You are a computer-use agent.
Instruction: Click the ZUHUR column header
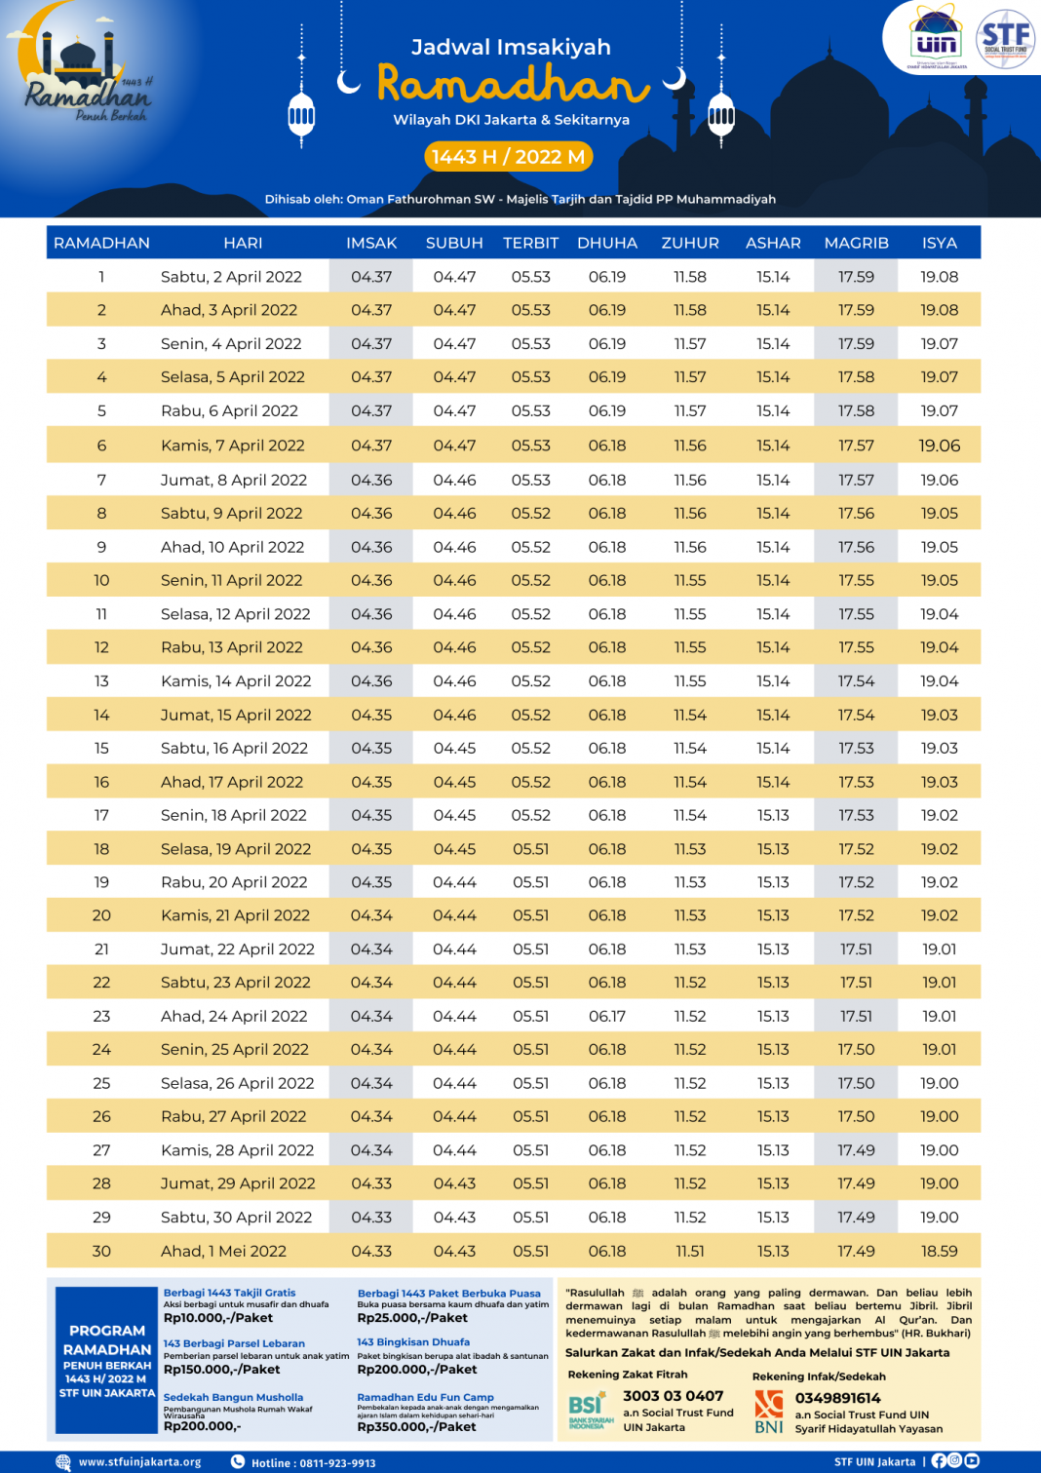pyautogui.click(x=690, y=243)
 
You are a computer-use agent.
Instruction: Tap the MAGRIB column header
pyautogui.click(x=856, y=243)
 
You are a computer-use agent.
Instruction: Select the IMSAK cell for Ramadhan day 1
pyautogui.click(x=371, y=277)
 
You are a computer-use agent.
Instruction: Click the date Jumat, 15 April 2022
pyautogui.click(x=236, y=715)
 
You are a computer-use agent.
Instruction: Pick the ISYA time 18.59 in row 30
pyautogui.click(x=939, y=1251)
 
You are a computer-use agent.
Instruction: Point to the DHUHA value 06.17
pyautogui.click(x=607, y=1016)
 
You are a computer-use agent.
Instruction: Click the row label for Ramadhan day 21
pyautogui.click(x=101, y=949)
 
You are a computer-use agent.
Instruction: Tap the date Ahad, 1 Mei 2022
pyautogui.click(x=223, y=1251)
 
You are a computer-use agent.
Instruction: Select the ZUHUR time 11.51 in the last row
pyautogui.click(x=690, y=1251)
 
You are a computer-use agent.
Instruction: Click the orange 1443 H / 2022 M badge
pyautogui.click(x=508, y=157)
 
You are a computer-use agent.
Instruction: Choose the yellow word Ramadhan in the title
pyautogui.click(x=513, y=85)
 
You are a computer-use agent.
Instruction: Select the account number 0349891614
pyautogui.click(x=837, y=1398)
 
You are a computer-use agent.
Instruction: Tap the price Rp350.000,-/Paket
pyautogui.click(x=416, y=1426)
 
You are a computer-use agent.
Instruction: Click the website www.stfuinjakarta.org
pyautogui.click(x=139, y=1462)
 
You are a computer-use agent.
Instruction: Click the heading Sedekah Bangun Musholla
pyautogui.click(x=233, y=1397)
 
